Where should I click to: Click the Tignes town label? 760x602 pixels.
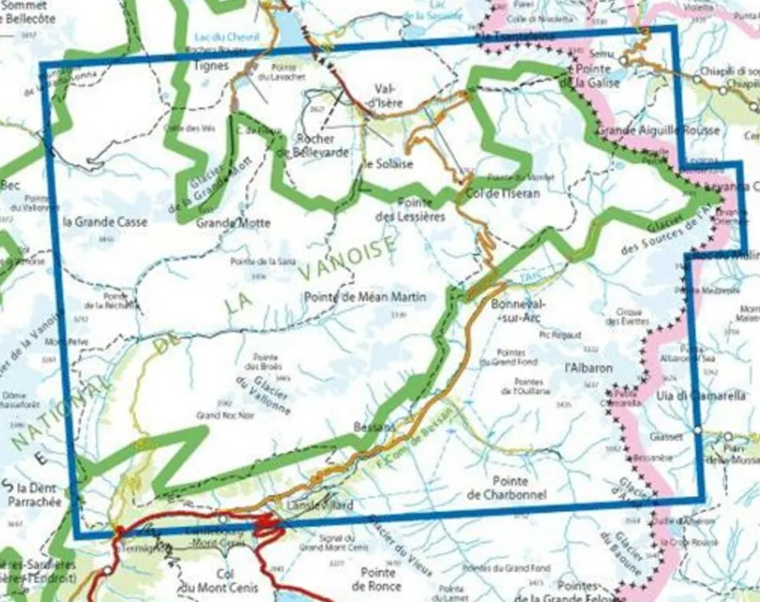(x=212, y=66)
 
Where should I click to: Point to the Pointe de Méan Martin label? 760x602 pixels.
(x=365, y=297)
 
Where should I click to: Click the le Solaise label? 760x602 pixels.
(x=388, y=164)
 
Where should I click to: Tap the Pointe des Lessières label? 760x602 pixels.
(x=415, y=209)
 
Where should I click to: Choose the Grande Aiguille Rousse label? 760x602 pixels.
(x=658, y=131)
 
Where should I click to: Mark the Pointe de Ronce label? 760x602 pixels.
(x=378, y=579)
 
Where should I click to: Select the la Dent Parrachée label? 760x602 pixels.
(x=28, y=494)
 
